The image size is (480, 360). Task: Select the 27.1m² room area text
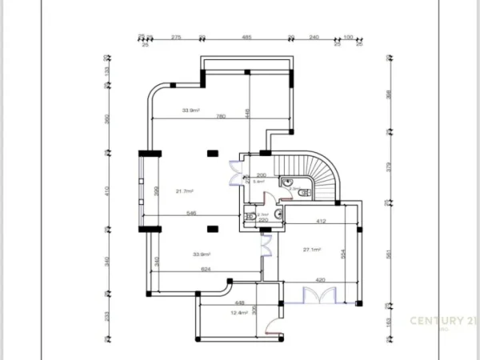(311, 250)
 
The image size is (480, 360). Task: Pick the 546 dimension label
(191, 213)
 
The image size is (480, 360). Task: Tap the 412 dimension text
(320, 221)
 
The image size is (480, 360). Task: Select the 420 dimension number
(320, 280)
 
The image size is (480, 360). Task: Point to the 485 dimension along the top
(246, 37)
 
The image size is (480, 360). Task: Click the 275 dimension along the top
(177, 37)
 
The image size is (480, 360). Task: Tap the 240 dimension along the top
(314, 37)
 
